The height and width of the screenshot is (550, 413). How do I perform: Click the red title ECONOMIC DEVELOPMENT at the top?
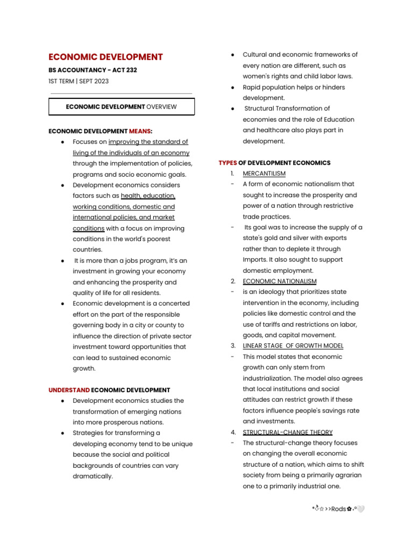coord(105,57)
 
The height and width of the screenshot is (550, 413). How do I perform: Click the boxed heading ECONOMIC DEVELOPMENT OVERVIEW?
coord(122,107)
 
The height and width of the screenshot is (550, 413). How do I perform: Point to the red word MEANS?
coord(140,131)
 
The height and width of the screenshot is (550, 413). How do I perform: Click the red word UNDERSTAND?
coord(69,390)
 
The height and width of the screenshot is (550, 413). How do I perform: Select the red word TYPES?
coord(227,163)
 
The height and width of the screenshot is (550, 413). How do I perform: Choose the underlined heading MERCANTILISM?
coord(264,173)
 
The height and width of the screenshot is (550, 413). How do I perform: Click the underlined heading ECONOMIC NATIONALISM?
coord(280,281)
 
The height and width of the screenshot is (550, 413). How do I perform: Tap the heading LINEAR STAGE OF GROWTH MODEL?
coord(293,346)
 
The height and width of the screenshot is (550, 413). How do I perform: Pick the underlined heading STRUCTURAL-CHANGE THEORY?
coord(288,432)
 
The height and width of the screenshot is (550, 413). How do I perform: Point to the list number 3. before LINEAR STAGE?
coord(233,346)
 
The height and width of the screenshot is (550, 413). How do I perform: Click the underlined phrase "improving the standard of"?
coord(148,142)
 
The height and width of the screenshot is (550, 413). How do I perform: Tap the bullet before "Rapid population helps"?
coord(232,88)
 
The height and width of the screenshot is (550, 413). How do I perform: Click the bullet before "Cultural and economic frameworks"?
coord(232,55)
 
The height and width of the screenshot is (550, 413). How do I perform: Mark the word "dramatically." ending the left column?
coord(93,476)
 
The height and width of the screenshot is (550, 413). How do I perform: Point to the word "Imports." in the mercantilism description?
coord(255,260)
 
